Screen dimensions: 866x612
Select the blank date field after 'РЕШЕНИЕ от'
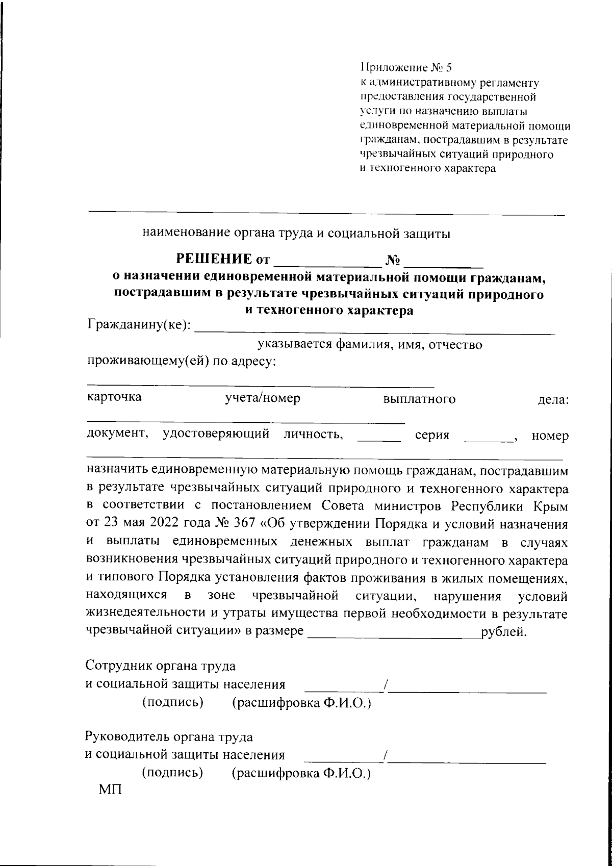click(328, 262)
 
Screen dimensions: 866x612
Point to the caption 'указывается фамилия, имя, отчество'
click(370, 345)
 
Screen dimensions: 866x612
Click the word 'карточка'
click(114, 397)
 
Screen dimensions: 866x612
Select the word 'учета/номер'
click(263, 398)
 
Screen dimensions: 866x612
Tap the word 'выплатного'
click(419, 399)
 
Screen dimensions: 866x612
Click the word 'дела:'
click(554, 399)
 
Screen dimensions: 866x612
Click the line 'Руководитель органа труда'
click(168, 737)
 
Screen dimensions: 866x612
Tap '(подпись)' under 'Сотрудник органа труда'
click(173, 703)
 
